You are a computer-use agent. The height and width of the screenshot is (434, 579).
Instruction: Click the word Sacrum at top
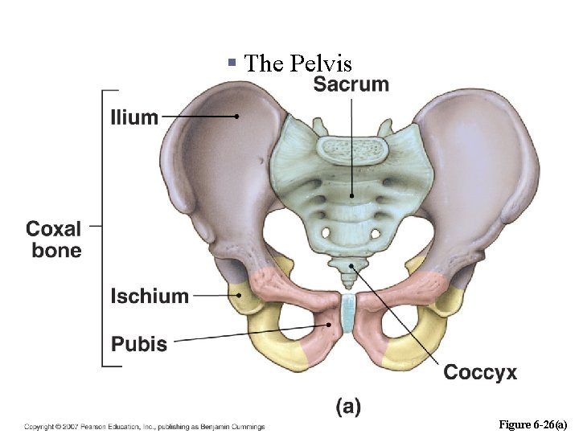(x=351, y=84)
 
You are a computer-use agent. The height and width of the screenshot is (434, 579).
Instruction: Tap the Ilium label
(x=134, y=117)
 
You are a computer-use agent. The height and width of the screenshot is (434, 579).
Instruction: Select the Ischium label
(x=150, y=296)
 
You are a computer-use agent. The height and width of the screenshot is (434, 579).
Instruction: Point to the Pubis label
(x=139, y=345)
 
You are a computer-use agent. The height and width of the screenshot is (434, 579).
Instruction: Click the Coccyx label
(x=480, y=372)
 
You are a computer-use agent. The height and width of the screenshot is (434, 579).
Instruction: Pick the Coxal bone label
(x=55, y=239)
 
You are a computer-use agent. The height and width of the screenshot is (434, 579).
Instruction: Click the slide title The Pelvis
(x=298, y=63)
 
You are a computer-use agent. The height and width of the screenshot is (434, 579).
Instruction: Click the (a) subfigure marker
(x=348, y=407)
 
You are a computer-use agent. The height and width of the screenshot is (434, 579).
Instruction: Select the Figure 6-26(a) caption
(x=533, y=424)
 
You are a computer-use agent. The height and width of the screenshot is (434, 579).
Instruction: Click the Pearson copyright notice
(x=145, y=426)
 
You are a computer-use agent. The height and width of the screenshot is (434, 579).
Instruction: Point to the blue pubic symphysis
(x=347, y=313)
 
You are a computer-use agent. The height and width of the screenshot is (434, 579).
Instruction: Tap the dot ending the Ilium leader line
(x=237, y=117)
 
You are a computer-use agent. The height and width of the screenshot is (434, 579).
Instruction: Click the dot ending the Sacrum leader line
(x=351, y=195)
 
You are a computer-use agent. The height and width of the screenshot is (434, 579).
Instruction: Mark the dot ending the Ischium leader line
(x=238, y=295)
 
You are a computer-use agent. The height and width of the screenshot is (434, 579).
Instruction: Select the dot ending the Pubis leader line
(x=329, y=325)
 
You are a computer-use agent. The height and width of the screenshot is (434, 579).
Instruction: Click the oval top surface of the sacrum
(x=351, y=147)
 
